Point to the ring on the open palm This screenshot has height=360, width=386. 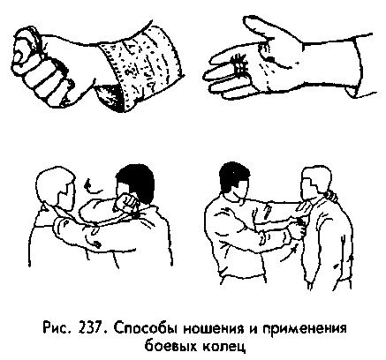click(237, 65)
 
